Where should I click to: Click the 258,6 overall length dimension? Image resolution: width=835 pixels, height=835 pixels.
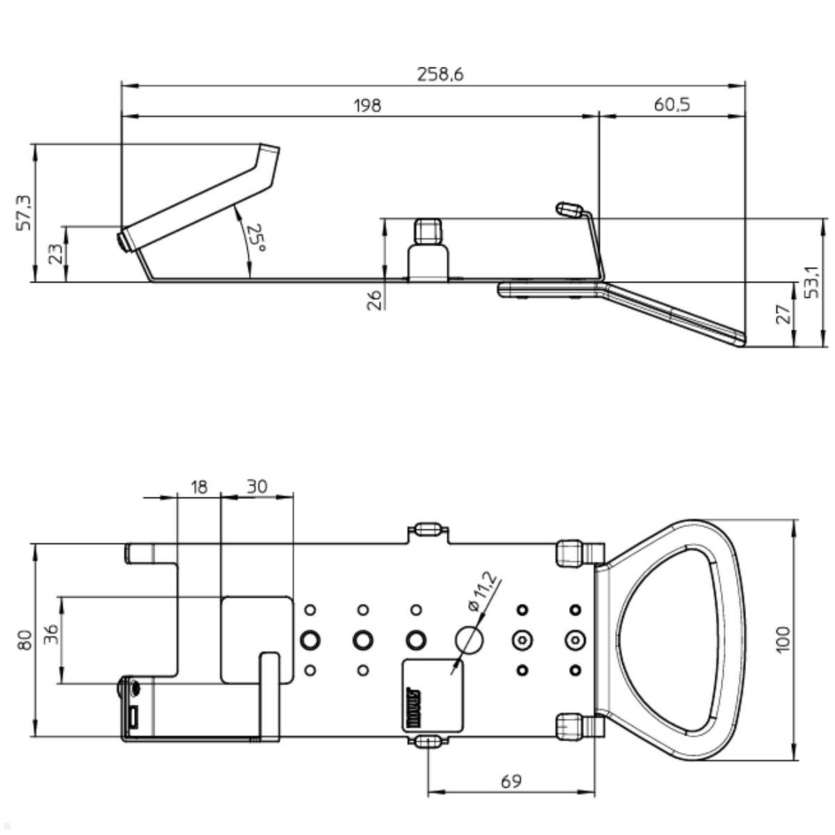440,74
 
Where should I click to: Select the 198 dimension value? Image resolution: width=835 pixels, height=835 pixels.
368,105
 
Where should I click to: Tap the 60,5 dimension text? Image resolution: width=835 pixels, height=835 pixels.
671,105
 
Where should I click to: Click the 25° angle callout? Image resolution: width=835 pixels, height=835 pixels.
256,239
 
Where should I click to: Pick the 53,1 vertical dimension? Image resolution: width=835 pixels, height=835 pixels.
812,281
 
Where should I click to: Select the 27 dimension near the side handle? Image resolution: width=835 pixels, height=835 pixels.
784,314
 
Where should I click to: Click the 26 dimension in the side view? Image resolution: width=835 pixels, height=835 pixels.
374,299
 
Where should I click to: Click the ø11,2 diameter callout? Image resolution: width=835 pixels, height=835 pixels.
484,591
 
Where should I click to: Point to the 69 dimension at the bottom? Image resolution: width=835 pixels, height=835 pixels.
511,781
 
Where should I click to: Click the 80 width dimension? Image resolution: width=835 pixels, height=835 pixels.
25,639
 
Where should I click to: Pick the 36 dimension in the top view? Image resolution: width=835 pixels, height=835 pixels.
52,635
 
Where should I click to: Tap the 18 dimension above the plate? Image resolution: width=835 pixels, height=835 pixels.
199,486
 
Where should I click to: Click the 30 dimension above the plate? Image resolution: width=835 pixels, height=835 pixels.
257,486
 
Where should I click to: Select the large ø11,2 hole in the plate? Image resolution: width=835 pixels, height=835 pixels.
468,638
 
